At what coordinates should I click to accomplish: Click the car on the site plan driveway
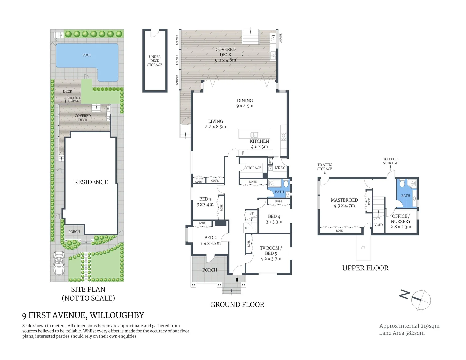[x=59, y=263]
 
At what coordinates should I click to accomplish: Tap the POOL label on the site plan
[x=87, y=55]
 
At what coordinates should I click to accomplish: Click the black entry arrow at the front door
[x=237, y=279]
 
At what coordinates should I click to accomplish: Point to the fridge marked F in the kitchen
[x=243, y=153]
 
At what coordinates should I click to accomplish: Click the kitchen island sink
[x=254, y=135]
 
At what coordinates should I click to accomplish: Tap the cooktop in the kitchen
[x=283, y=136]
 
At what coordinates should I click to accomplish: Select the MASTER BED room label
[x=344, y=200]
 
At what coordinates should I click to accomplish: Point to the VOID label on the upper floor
[x=378, y=225]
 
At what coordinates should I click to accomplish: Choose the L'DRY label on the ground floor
[x=280, y=168]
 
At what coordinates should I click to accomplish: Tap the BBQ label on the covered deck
[x=273, y=38]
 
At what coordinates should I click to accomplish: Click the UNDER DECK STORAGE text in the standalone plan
[x=155, y=61]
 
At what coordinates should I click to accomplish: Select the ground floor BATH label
[x=279, y=192]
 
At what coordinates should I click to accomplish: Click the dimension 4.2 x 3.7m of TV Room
[x=271, y=259]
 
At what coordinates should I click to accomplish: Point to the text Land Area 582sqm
[x=402, y=333]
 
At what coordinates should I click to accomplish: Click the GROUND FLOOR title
[x=237, y=304]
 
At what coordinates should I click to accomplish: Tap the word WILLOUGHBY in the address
[x=117, y=315]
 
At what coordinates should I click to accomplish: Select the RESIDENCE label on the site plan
[x=91, y=182]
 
